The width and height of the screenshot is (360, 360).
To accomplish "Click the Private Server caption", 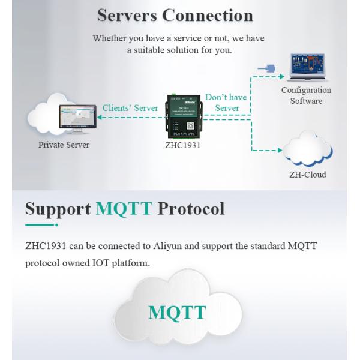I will pos(64,145).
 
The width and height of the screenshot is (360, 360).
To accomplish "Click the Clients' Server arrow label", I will pos(131,108).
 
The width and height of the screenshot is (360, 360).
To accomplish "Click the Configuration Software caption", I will pos(306,95).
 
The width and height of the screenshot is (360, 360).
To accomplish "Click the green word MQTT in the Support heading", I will pos(124,209).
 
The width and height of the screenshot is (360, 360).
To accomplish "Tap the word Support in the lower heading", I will pos(58,209).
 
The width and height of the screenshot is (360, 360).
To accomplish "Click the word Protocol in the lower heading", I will pos(191,209).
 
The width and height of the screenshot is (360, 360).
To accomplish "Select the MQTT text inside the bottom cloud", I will pos(177,312).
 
